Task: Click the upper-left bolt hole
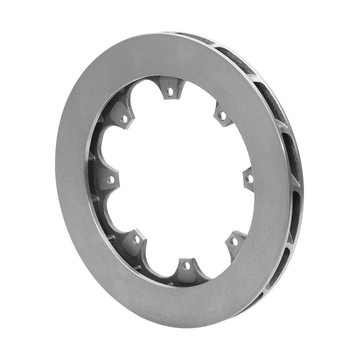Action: pos(125,119)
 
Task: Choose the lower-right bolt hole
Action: pos(233,241)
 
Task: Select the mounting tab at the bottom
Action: pos(186,268)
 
